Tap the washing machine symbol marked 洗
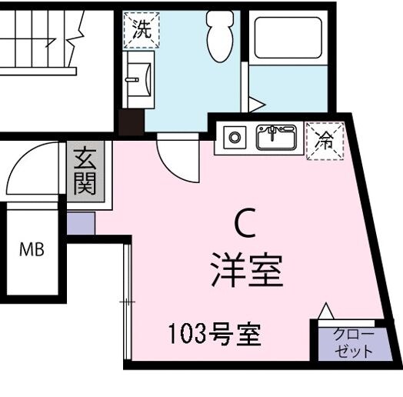141,30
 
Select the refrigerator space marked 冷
325,140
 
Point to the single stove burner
234,138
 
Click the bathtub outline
286,39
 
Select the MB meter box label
32,249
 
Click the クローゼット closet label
354,342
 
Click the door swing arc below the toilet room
173,158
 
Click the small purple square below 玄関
80,222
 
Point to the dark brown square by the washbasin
132,122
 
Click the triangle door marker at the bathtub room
255,102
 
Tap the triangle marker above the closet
327,310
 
